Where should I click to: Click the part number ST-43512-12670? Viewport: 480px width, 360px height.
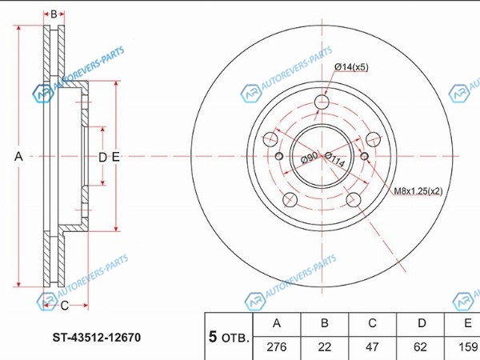pyautogui.click(x=97, y=338)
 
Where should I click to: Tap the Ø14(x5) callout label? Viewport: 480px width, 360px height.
pyautogui.click(x=351, y=67)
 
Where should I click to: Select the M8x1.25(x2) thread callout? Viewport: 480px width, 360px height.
pyautogui.click(x=418, y=191)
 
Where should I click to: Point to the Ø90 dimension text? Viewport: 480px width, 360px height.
pyautogui.click(x=309, y=158)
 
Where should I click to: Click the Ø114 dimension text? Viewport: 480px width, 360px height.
pyautogui.click(x=335, y=159)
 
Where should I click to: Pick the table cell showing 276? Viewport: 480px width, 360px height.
pyautogui.click(x=277, y=347)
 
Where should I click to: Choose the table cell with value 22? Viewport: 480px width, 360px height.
pyautogui.click(x=325, y=347)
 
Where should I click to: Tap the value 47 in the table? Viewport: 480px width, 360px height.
pyautogui.click(x=372, y=347)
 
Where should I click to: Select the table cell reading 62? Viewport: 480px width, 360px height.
pyautogui.click(x=420, y=347)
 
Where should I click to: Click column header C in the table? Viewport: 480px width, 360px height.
pyautogui.click(x=372, y=323)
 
